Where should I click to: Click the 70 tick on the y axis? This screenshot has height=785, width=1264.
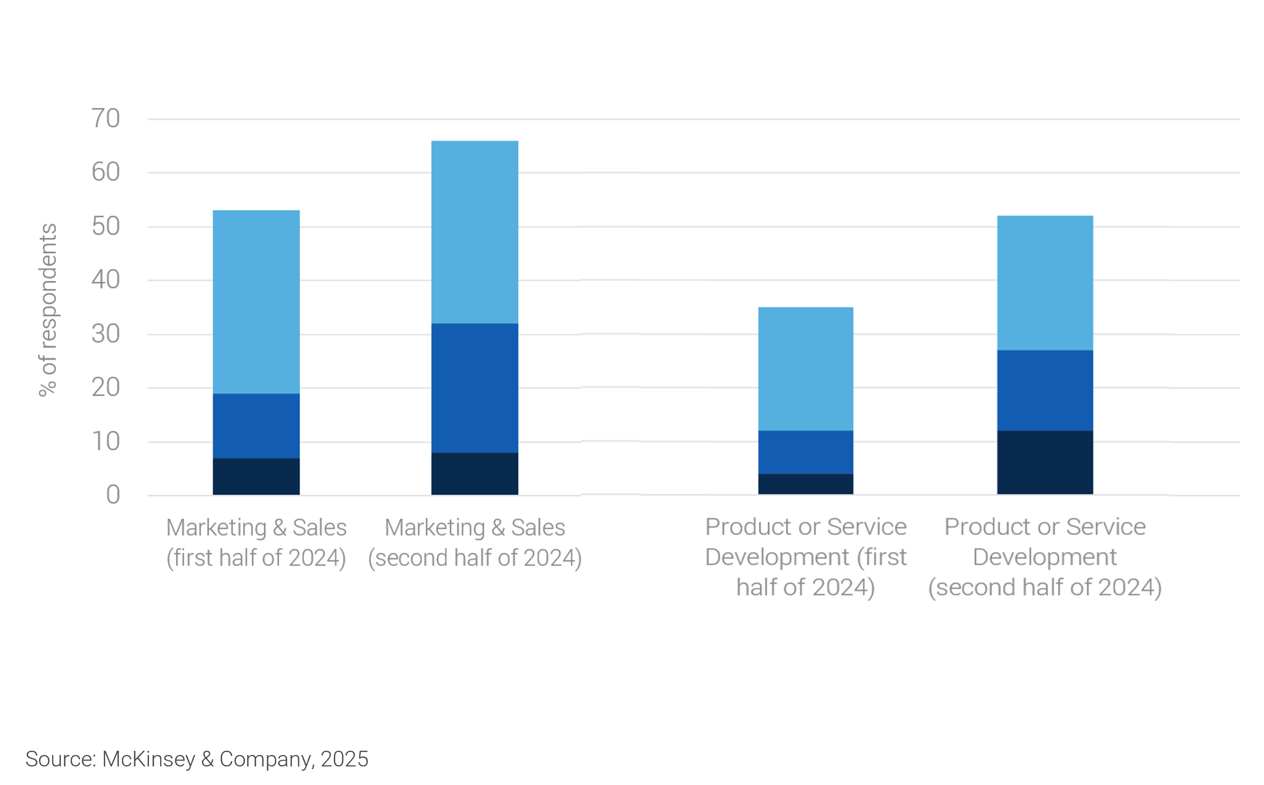click(106, 119)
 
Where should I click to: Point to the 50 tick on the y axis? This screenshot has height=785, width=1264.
click(106, 227)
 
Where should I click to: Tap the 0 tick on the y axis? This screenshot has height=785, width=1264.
click(113, 495)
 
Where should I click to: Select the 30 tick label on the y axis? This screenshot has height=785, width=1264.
click(106, 334)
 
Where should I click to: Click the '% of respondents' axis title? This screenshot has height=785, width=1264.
click(48, 310)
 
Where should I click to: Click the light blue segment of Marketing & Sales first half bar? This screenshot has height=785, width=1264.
click(256, 302)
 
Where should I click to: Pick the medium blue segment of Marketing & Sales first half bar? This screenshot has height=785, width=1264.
click(256, 426)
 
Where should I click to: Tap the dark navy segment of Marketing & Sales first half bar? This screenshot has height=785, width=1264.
click(256, 476)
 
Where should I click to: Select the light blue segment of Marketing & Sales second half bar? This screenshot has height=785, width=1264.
click(475, 232)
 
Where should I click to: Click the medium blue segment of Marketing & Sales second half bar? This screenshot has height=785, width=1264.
click(475, 388)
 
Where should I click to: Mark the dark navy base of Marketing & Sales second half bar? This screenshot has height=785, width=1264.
click(475, 474)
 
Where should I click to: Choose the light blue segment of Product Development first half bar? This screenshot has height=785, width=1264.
click(805, 368)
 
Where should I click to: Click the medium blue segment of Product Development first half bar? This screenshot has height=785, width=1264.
click(805, 452)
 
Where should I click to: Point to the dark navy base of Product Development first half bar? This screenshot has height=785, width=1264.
click(805, 484)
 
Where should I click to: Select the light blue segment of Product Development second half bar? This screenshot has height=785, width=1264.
click(1045, 283)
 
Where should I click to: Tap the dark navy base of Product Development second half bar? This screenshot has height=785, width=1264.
click(1045, 462)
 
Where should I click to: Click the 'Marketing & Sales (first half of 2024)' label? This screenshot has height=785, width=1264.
click(256, 543)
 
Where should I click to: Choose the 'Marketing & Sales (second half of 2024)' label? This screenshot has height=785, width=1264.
click(475, 543)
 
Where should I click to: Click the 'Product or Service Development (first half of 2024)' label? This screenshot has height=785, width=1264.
click(805, 557)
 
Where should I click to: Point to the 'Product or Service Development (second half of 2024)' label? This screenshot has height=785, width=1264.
click(1045, 557)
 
